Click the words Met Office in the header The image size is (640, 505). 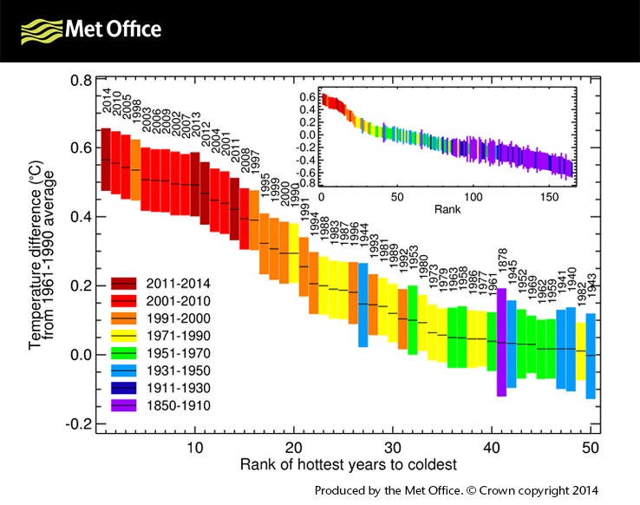point(114,30)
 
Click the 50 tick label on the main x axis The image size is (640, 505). point(591,447)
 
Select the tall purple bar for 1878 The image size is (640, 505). point(501,342)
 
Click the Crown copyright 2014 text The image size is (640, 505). point(550,489)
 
